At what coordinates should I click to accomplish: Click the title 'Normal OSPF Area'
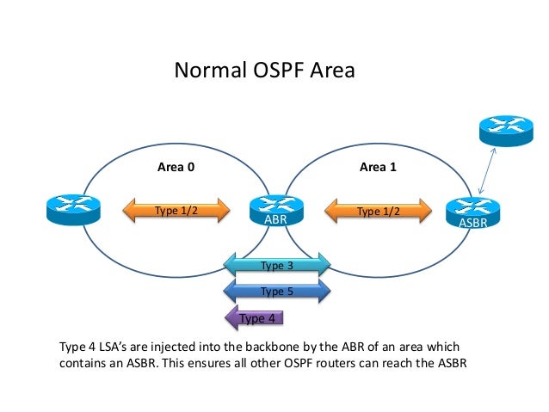point(263,69)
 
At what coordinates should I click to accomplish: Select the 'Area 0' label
point(176,167)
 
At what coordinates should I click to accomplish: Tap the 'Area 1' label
point(378,167)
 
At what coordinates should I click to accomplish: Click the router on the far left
point(73,209)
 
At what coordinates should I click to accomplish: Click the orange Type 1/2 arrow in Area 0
point(176,211)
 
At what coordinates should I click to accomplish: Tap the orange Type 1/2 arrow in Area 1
point(379,211)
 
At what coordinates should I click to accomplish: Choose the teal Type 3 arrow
point(277,265)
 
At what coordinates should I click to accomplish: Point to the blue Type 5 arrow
point(277,291)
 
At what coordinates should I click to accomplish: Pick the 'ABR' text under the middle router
point(275,220)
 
